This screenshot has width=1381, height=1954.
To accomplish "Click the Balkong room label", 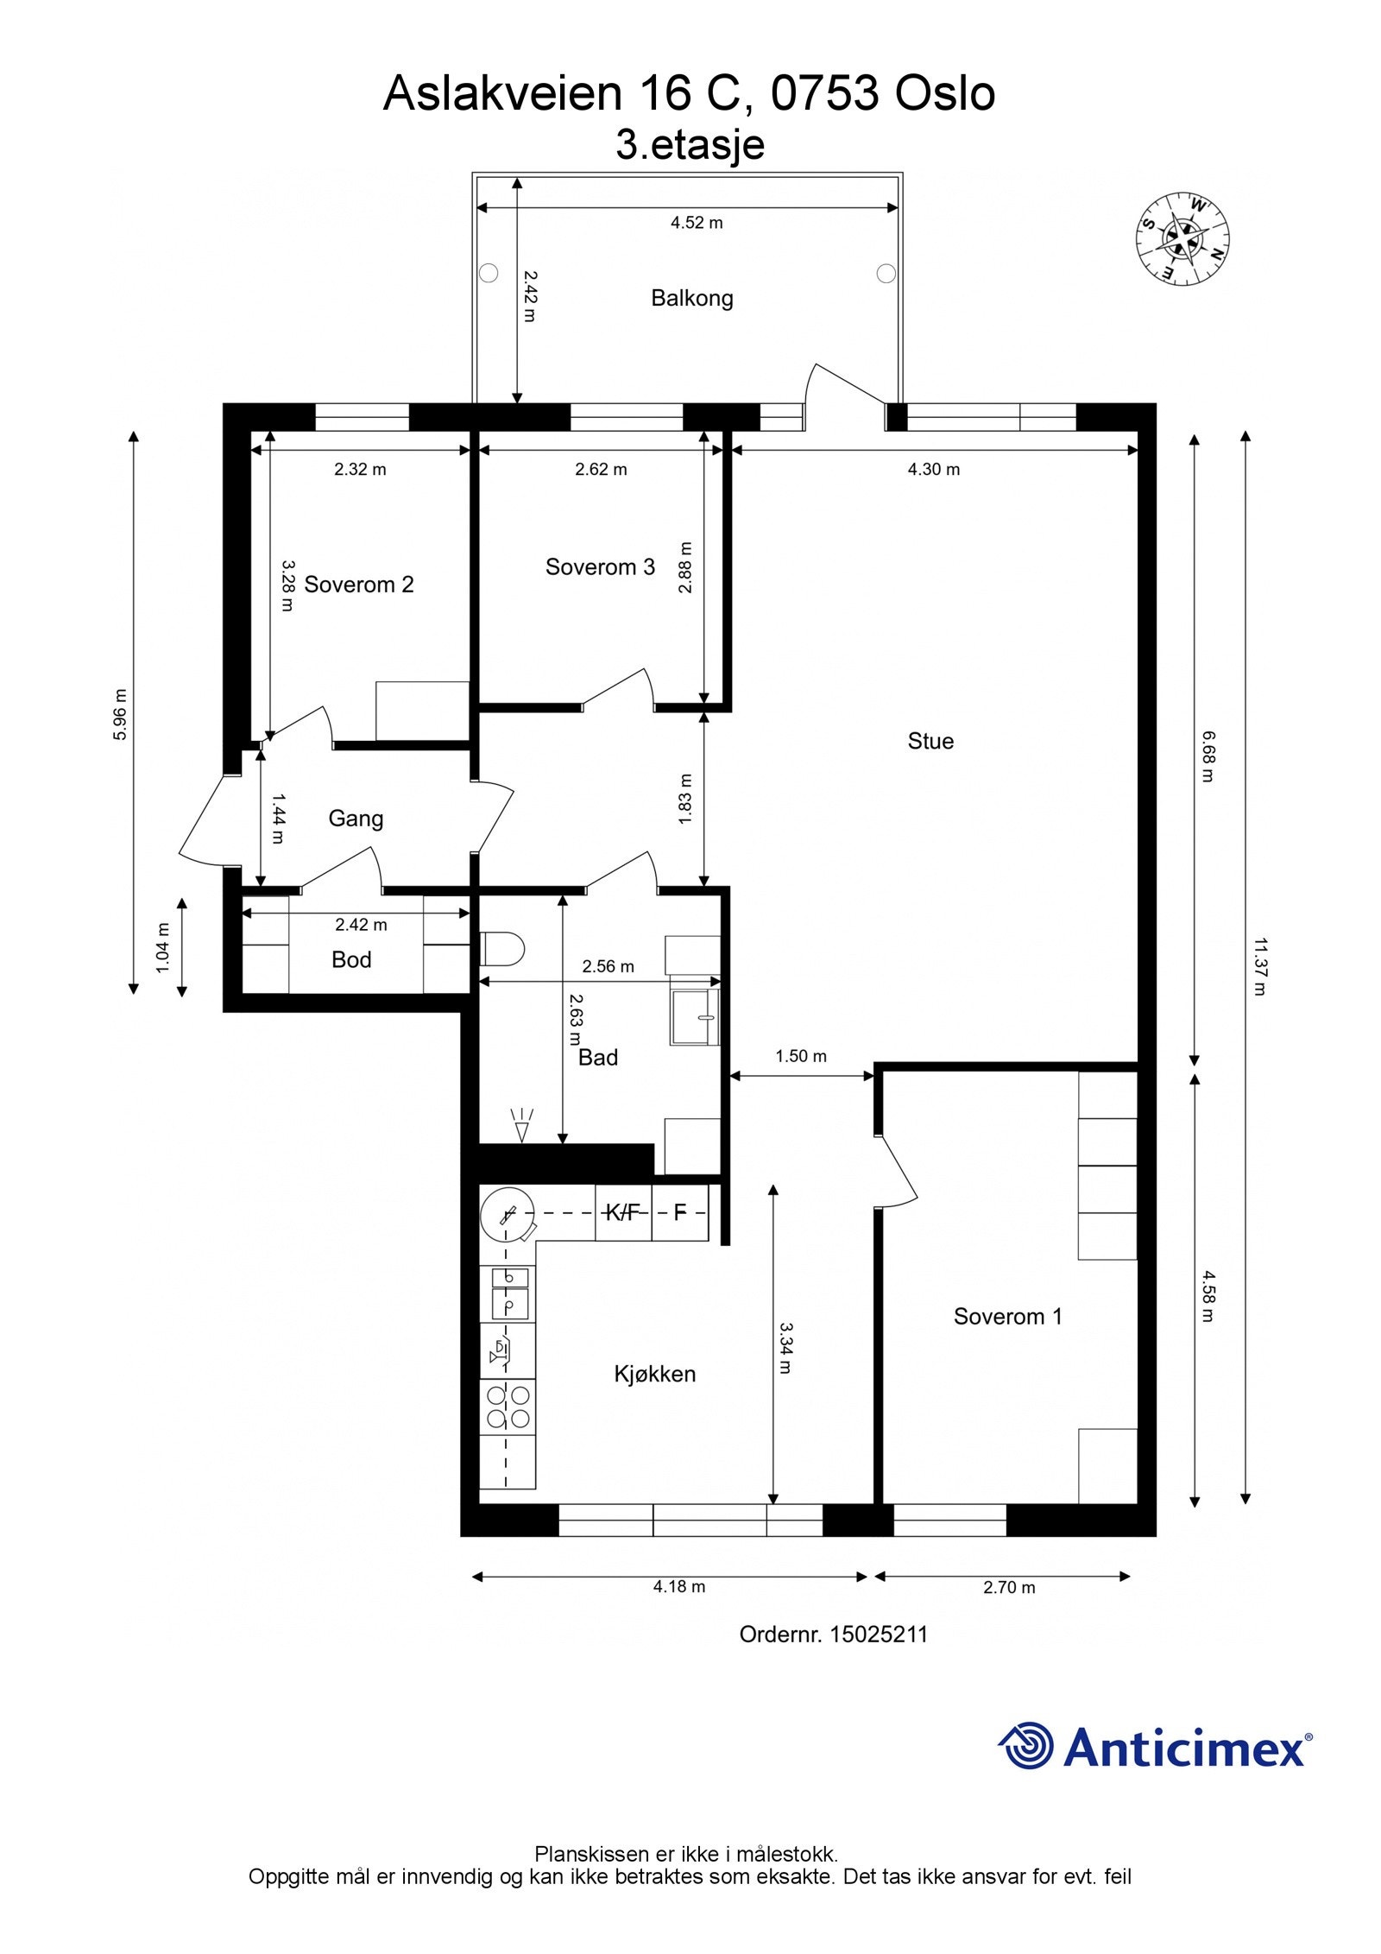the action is click(691, 299).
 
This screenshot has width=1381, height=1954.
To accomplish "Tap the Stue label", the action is click(930, 741).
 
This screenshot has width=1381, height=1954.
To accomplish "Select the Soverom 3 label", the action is click(600, 567).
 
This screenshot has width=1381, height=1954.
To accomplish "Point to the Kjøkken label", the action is click(654, 1374).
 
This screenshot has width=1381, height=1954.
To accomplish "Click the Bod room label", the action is click(351, 959).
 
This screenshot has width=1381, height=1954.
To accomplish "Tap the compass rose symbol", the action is click(1182, 239).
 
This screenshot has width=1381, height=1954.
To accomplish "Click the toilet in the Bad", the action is click(501, 950).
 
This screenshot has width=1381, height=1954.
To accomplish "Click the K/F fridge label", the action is click(622, 1213).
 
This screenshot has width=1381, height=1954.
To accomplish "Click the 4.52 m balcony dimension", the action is click(697, 223).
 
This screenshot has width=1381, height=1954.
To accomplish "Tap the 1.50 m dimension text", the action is click(801, 1056).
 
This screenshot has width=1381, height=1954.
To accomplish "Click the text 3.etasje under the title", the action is click(690, 144).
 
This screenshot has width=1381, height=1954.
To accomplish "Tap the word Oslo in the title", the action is click(944, 93).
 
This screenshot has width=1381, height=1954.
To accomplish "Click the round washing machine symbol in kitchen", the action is click(507, 1213).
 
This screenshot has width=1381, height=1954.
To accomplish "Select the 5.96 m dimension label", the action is click(120, 714).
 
